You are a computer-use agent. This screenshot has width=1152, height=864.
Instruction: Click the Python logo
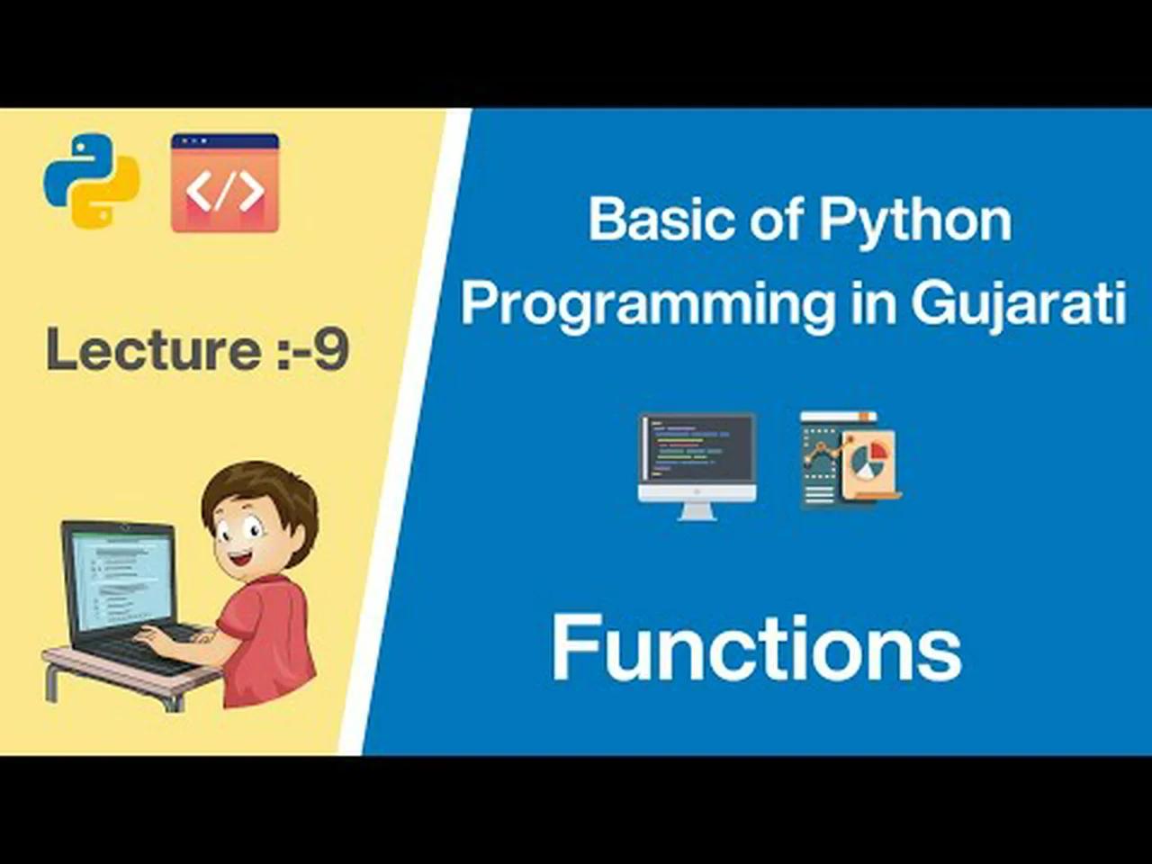[93, 181]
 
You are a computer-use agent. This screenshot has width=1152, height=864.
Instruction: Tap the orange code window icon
[225, 183]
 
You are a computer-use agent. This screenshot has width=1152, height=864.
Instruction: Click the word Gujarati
[1019, 306]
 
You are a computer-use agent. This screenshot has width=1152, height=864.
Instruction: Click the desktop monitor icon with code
[697, 467]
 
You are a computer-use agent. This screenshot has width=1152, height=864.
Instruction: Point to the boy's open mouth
[241, 557]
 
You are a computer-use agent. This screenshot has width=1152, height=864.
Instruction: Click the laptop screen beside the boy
[121, 582]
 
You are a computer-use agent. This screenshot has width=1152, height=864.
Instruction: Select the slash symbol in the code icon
[225, 192]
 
